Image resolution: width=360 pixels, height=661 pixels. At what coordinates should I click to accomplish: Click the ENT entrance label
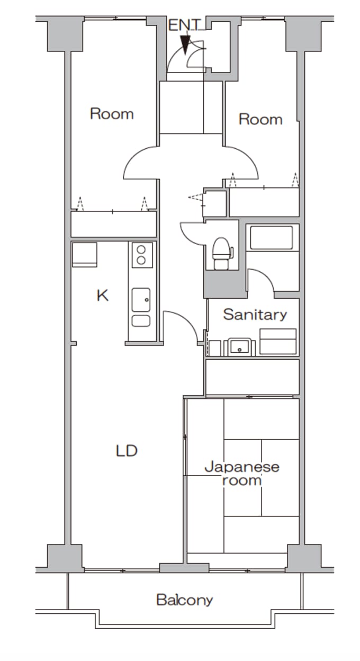pos(184,25)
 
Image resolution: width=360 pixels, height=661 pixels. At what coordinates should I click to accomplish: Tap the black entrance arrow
pos(185,45)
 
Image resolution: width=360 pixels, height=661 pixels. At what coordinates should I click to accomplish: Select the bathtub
pos(271,237)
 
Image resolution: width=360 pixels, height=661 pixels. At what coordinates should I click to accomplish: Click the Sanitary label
pos(255,315)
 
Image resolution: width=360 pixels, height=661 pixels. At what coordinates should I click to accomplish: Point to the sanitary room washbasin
pos(240,347)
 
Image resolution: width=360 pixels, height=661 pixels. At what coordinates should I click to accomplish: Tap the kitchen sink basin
pos(141,300)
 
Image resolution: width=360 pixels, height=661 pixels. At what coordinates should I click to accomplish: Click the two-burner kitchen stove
pos(142,255)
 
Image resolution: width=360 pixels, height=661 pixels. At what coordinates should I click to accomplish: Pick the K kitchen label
pos(103,295)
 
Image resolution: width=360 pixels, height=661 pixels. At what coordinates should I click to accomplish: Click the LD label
pos(127,451)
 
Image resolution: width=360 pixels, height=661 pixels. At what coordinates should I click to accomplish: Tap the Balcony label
pos(185,600)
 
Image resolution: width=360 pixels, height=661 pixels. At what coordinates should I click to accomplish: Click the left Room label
pos(112,114)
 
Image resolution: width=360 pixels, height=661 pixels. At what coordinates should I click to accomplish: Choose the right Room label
pos(260,120)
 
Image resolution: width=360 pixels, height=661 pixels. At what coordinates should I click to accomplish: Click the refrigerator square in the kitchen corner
pos(85,255)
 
